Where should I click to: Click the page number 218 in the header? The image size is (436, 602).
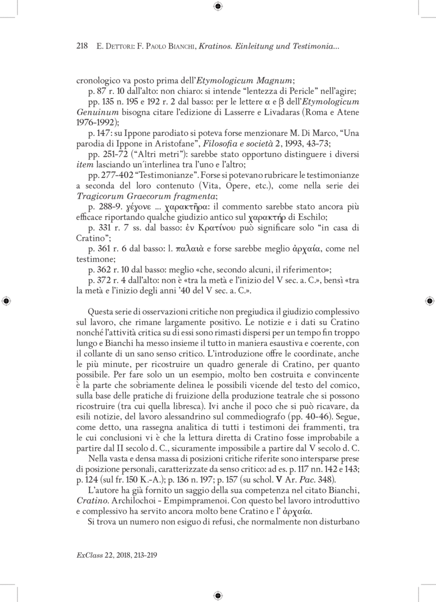point(81,47)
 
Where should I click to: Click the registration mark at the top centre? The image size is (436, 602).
point(217,7)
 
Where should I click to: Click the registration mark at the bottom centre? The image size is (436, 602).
point(217,595)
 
